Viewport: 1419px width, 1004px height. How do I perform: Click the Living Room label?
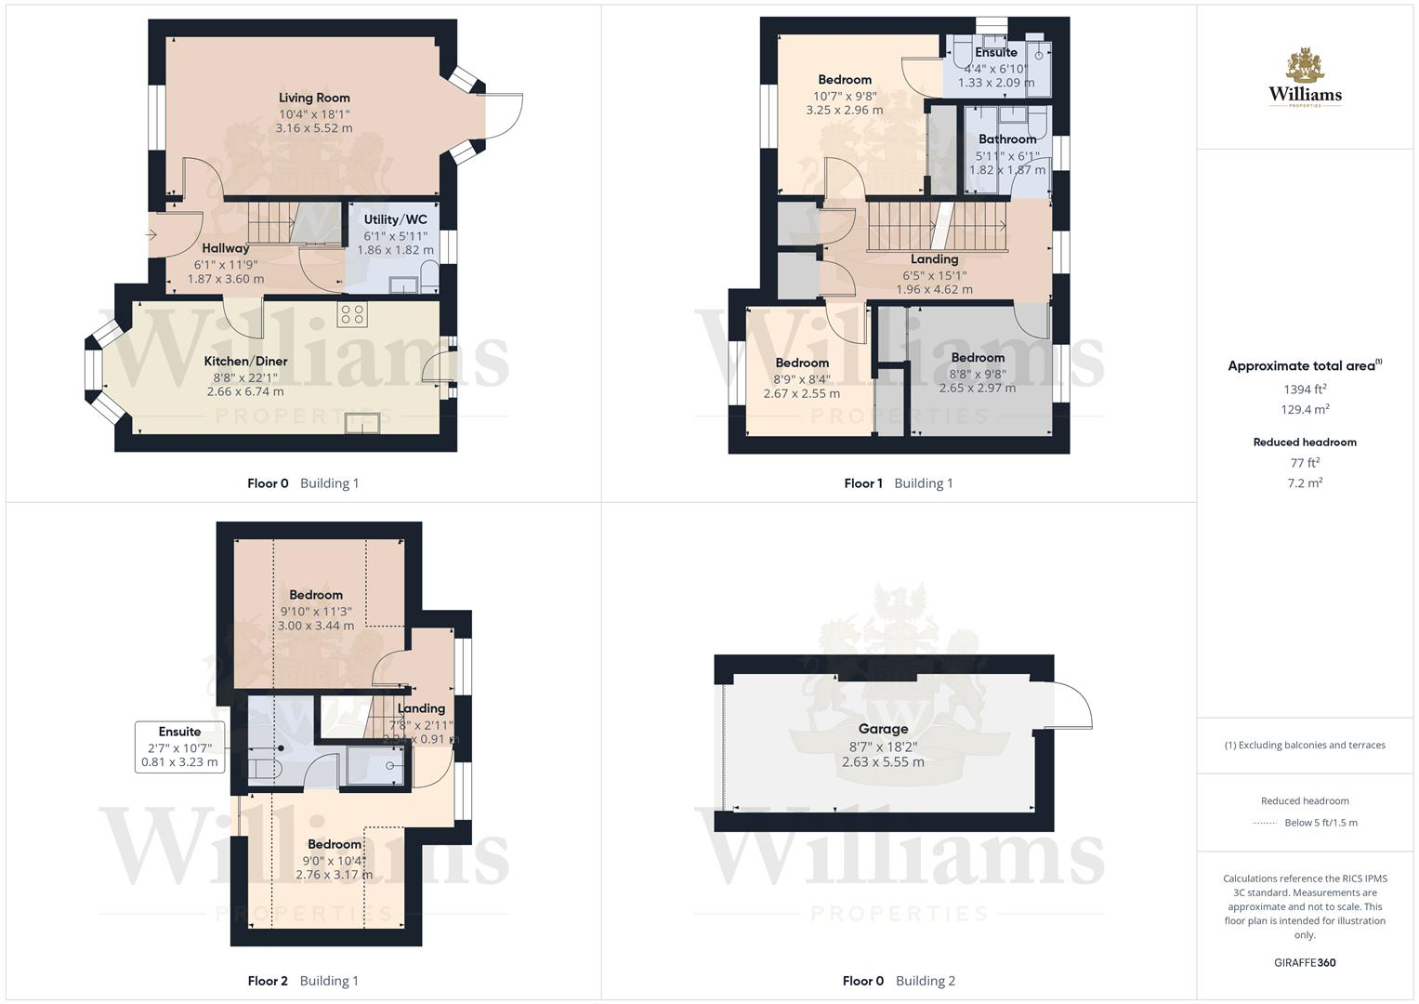(314, 98)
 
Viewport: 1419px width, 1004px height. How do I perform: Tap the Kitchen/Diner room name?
(245, 361)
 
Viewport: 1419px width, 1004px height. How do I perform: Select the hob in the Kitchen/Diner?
(352, 314)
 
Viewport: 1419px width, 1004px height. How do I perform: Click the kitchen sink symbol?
(362, 423)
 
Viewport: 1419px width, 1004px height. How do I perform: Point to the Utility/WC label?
(395, 219)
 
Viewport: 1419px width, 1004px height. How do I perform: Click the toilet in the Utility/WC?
(428, 276)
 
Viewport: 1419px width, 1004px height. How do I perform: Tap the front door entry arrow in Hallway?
(152, 235)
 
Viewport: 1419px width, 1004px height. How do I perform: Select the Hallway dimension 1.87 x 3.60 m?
(226, 279)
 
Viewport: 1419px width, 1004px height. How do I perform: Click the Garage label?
(883, 729)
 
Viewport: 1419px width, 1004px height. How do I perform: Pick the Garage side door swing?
(1069, 705)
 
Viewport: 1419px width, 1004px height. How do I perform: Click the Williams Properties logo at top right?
(1305, 79)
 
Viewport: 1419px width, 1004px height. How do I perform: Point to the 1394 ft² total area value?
(1305, 390)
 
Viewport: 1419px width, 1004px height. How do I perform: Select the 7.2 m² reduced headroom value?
(1305, 482)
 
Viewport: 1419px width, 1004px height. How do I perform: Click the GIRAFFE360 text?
(1305, 962)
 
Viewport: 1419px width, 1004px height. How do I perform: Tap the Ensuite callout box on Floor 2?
(179, 746)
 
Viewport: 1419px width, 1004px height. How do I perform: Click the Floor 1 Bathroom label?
(1006, 139)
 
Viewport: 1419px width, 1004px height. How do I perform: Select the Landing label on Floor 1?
(934, 259)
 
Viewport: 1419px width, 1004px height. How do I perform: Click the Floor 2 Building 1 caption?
(303, 981)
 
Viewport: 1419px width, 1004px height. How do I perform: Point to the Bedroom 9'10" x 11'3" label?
(316, 595)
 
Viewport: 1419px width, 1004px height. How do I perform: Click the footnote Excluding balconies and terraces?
(1305, 745)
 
